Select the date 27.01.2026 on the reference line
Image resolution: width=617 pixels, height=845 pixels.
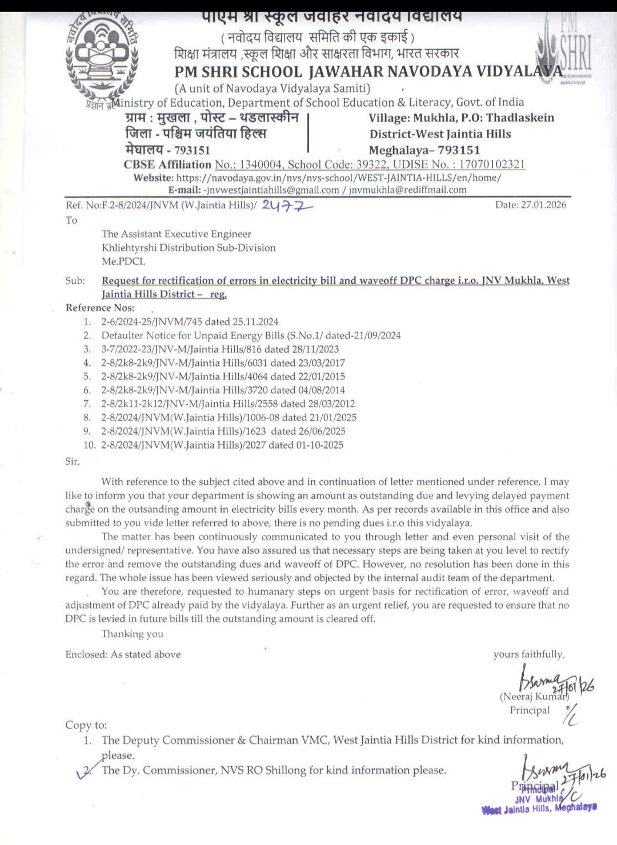[531, 205]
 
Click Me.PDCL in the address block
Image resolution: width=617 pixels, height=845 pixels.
[123, 261]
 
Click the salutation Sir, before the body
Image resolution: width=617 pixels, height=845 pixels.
[73, 461]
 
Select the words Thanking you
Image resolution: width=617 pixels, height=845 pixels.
[132, 634]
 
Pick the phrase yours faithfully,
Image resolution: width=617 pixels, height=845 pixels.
[529, 654]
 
